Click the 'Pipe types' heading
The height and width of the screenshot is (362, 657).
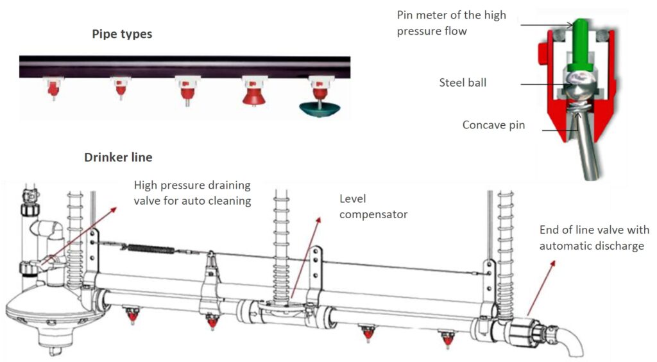click(x=122, y=35)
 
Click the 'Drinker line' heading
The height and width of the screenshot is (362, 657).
click(x=118, y=157)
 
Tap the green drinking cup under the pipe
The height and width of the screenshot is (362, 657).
click(x=320, y=109)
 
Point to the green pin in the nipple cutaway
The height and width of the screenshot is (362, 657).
click(x=579, y=44)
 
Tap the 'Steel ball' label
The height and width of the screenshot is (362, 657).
click(x=463, y=83)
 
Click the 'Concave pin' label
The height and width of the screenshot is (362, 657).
click(x=493, y=125)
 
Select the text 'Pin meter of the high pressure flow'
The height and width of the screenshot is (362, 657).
click(x=451, y=23)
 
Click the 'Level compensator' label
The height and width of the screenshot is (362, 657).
click(x=373, y=207)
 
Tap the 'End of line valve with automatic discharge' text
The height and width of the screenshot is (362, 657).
click(x=594, y=237)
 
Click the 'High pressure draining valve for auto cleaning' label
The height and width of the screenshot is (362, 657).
click(x=192, y=193)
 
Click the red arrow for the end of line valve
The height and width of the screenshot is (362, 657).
click(x=542, y=288)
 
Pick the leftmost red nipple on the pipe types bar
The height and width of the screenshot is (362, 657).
click(x=53, y=90)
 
